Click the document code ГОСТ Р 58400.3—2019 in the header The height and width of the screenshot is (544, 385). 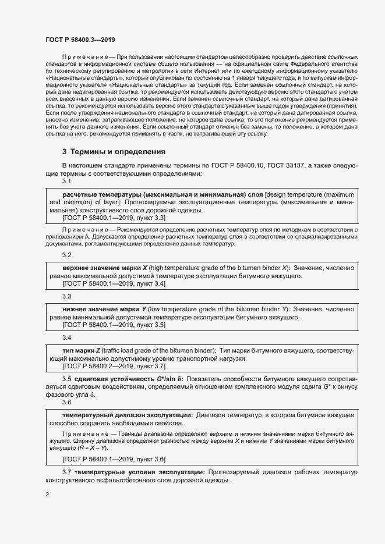point(80,40)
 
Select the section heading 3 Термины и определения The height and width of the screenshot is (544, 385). point(114,152)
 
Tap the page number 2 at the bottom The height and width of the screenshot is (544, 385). point(47,495)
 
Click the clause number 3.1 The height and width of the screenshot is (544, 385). point(67,182)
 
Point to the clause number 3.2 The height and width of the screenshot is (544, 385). point(67,255)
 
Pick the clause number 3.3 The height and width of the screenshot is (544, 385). point(67,296)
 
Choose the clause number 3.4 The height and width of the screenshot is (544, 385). point(67,337)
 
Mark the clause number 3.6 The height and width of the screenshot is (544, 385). point(67,402)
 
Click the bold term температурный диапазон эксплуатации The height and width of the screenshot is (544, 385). point(128,415)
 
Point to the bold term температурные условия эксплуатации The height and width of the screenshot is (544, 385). point(139,471)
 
